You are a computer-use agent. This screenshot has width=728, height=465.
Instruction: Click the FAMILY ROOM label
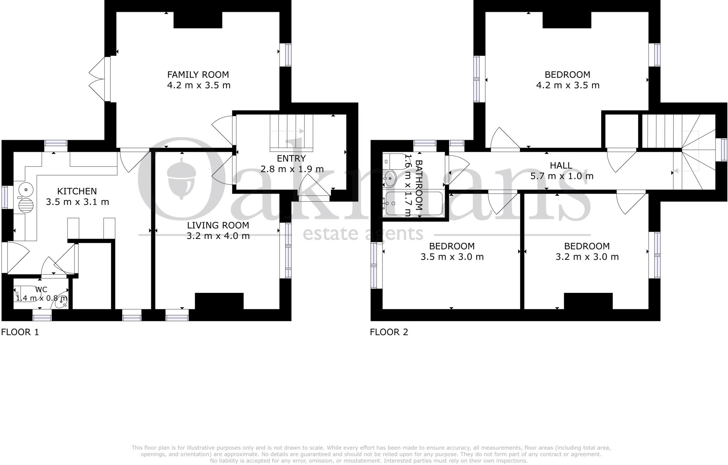coord(198,75)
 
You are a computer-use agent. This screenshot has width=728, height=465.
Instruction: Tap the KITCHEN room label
coord(77,191)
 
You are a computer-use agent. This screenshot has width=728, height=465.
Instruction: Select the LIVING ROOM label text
coord(218,225)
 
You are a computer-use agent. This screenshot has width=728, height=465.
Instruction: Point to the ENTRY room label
coord(291,158)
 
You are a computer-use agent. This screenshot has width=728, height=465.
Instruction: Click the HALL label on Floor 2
coord(561,165)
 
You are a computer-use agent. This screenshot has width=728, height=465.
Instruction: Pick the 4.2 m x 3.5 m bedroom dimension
coord(567,85)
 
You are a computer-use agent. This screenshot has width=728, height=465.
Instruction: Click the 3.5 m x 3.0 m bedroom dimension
coord(452,257)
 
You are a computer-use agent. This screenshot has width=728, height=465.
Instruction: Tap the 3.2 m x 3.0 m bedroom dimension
coord(587,257)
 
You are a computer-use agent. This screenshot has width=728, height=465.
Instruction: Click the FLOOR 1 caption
coord(20,332)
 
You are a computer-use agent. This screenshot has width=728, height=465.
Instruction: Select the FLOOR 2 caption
coord(389,332)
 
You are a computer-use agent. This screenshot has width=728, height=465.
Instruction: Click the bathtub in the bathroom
coord(412,204)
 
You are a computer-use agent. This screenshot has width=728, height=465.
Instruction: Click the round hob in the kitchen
coord(26,206)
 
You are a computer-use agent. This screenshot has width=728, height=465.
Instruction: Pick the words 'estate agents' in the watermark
coord(363,234)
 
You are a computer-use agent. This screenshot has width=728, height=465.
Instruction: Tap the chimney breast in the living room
coord(219,301)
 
